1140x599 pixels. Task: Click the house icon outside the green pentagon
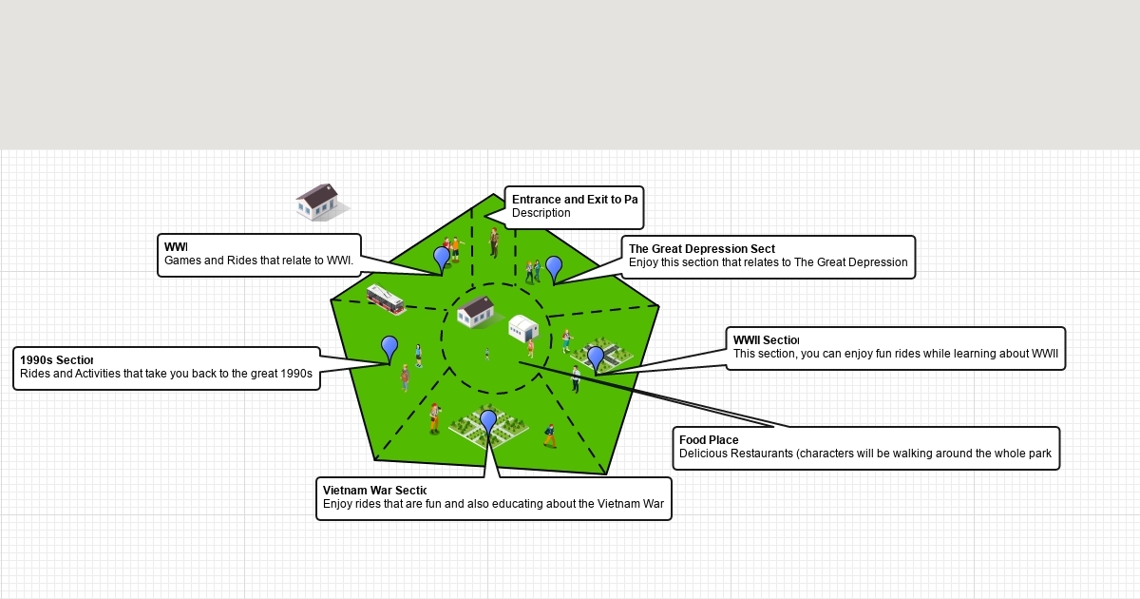pyautogui.click(x=319, y=202)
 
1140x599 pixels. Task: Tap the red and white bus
pyautogui.click(x=386, y=299)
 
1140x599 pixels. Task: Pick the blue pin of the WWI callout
pyautogui.click(x=442, y=257)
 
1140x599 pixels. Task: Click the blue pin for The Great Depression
pyautogui.click(x=554, y=267)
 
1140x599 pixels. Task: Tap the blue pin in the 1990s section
pyautogui.click(x=389, y=347)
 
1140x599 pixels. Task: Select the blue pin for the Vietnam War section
pyautogui.click(x=488, y=420)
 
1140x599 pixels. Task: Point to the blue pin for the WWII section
pyautogui.click(x=596, y=357)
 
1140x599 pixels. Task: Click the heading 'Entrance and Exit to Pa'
pyautogui.click(x=574, y=200)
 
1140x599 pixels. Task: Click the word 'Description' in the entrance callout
pyautogui.click(x=541, y=213)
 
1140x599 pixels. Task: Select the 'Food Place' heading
pyautogui.click(x=709, y=440)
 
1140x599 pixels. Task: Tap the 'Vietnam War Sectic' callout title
pyautogui.click(x=374, y=491)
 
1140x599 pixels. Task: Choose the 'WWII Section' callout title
pyautogui.click(x=766, y=340)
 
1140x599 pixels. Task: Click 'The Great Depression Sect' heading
pyautogui.click(x=702, y=249)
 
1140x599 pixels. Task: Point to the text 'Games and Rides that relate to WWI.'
pyautogui.click(x=258, y=261)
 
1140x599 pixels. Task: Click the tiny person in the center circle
pyautogui.click(x=487, y=354)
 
